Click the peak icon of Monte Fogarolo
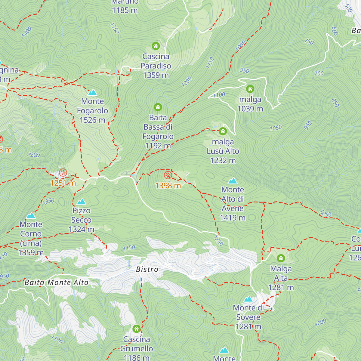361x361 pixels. coord(92,92)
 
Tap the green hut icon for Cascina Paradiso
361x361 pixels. coord(156,46)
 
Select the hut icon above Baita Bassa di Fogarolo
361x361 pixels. coord(158,107)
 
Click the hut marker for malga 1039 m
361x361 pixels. coord(250,89)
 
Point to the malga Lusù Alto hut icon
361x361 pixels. coord(223,131)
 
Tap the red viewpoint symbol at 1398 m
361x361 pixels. coord(168,175)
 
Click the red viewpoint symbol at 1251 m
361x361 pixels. coord(63,173)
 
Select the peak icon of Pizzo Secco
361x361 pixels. coord(81,202)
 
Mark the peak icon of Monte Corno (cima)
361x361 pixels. coord(31,216)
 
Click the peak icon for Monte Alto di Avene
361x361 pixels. coord(233,181)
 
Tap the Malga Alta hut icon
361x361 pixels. coord(281,258)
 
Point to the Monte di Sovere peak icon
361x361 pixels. coord(248,299)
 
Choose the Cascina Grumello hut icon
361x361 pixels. coord(137,329)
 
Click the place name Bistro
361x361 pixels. coord(147,270)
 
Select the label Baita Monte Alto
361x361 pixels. coord(56,282)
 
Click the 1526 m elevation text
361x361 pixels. coord(92,120)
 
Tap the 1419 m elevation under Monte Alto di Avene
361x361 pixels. coord(233,218)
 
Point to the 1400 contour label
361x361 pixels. coord(26,32)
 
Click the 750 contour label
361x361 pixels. coord(309,42)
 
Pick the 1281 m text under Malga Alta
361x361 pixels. coord(281,288)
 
